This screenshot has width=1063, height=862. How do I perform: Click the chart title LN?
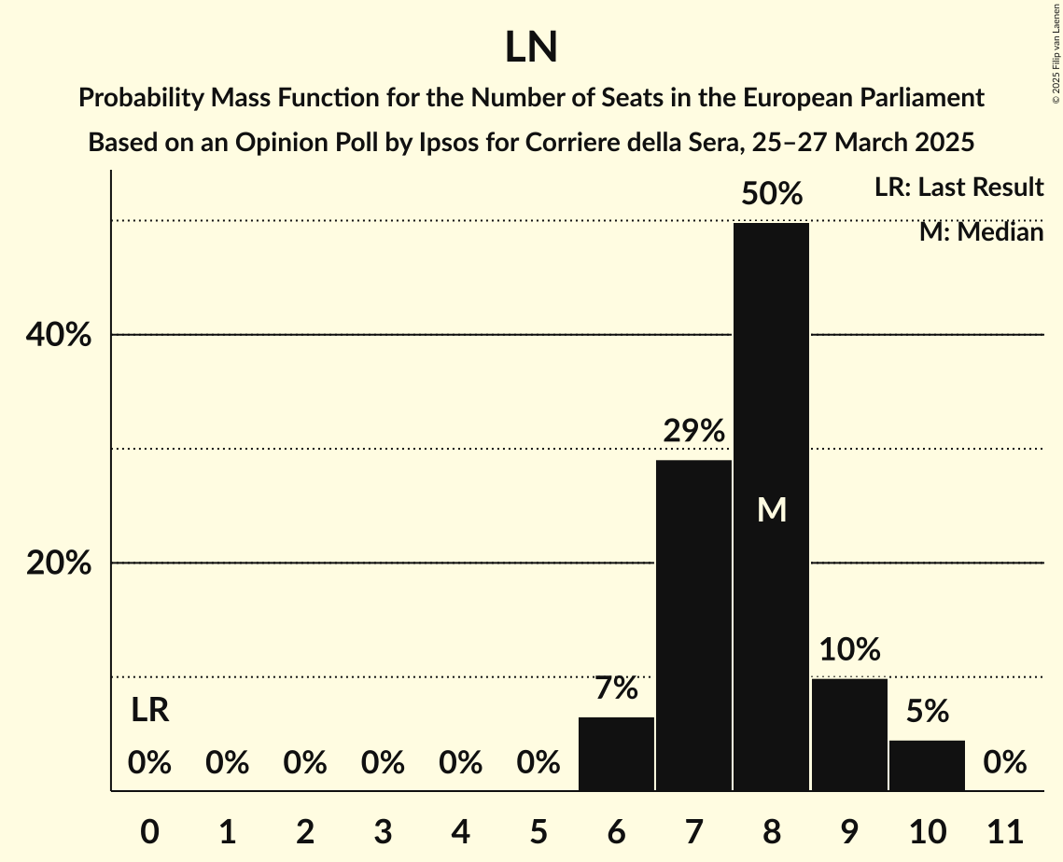531,48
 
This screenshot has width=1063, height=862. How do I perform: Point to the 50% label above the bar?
771,194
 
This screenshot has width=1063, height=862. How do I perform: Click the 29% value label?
693,431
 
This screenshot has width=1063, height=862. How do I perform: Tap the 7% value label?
616,688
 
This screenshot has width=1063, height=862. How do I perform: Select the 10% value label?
849,649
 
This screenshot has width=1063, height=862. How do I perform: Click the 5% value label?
927,712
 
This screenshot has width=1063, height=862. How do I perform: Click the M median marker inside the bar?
772,509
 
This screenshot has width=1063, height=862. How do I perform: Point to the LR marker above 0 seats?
149,711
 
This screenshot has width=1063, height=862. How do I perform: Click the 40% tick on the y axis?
57,335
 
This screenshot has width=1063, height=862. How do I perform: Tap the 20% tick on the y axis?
57,563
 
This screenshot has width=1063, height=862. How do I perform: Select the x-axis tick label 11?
1004,830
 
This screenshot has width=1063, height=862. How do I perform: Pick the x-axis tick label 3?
383,830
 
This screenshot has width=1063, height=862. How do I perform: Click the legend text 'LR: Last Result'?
958,188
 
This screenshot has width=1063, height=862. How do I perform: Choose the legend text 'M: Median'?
981,231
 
